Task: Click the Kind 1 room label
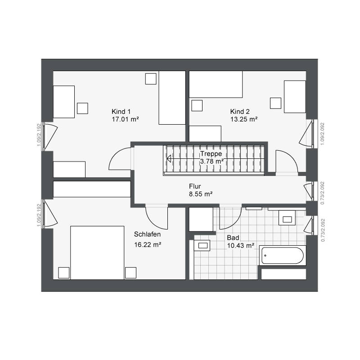coord(121,112)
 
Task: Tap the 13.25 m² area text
coord(244,119)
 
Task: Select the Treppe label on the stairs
coord(211,154)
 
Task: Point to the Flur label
coord(195,186)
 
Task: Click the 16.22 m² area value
coord(148,245)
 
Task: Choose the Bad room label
coord(233,238)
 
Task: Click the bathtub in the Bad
coord(283,256)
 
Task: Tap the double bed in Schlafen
coord(97,252)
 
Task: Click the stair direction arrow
coord(169,159)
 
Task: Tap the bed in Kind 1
coord(172,98)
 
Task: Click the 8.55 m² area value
coord(201,194)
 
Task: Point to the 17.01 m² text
coord(126,119)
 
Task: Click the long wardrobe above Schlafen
coord(92,189)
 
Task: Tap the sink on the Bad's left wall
coord(202,245)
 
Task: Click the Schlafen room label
coord(148,234)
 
